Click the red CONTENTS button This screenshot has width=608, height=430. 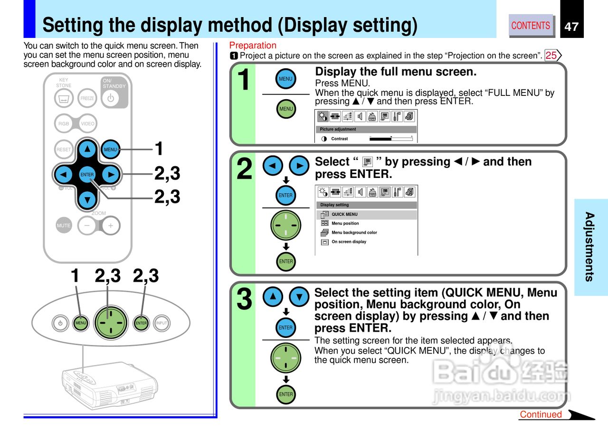click(531, 26)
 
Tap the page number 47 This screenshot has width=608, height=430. click(571, 27)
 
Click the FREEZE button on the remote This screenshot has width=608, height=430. click(87, 98)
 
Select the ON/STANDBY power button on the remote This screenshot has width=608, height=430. click(111, 98)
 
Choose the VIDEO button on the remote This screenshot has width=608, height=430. click(87, 123)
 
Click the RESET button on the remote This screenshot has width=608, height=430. click(64, 149)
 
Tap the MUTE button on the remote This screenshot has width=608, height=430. click(64, 225)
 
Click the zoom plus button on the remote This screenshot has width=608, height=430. click(111, 225)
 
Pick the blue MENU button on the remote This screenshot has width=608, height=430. click(111, 149)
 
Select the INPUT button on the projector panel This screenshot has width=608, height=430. click(162, 323)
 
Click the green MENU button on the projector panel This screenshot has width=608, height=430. click(81, 323)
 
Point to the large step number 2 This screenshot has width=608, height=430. click(244, 169)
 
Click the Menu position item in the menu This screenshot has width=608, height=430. click(345, 224)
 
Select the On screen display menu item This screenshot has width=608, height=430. click(349, 242)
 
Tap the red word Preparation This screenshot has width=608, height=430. click(253, 46)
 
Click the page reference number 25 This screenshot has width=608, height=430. click(551, 56)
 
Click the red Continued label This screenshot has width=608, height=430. click(541, 414)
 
